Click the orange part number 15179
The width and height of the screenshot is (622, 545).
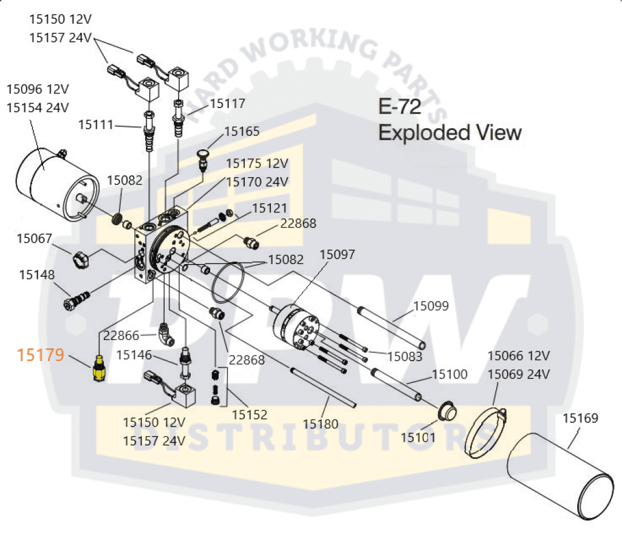click(41, 355)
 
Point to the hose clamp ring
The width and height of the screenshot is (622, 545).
click(487, 433)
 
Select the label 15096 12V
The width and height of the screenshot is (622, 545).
click(38, 89)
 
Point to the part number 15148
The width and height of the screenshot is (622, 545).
click(37, 274)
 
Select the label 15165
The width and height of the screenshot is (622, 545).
click(242, 131)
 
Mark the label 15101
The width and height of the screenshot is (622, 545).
click(419, 436)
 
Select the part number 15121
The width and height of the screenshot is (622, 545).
click(270, 208)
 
